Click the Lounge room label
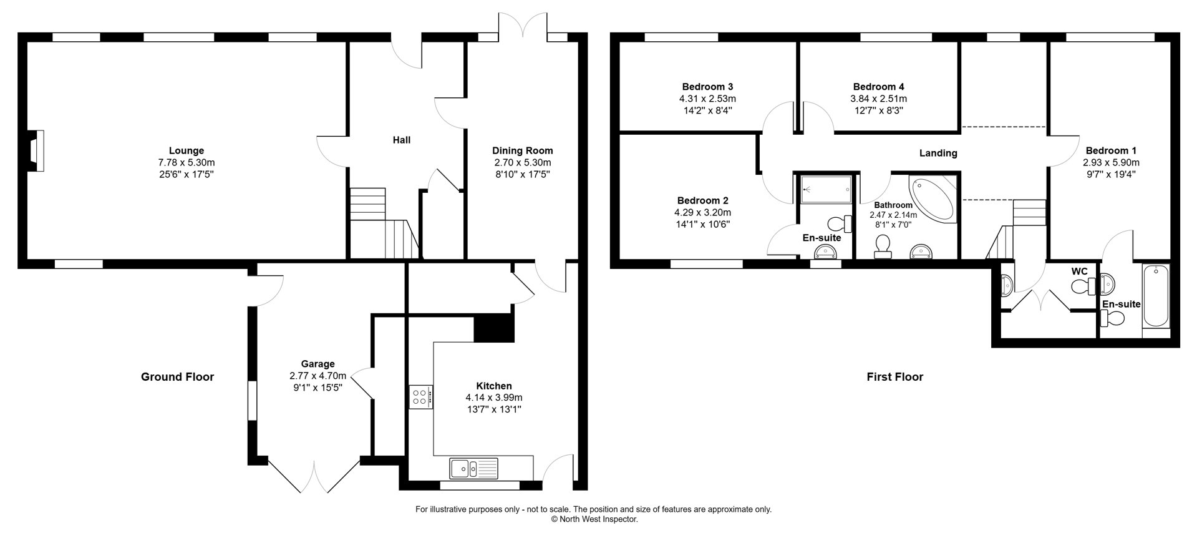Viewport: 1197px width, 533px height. [x=187, y=150]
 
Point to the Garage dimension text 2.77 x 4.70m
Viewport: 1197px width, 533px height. [x=317, y=376]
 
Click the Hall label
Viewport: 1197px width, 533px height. [x=402, y=140]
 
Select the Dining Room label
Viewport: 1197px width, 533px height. [x=522, y=150]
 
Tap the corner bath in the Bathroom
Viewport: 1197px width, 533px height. [x=933, y=198]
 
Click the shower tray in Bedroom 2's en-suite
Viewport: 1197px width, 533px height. [x=826, y=189]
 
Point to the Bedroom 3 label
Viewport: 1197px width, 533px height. [x=707, y=87]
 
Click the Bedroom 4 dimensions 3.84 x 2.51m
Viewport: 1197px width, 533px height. [x=878, y=99]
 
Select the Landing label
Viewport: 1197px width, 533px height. [x=938, y=153]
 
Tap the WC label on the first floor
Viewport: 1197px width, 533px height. [x=1079, y=271]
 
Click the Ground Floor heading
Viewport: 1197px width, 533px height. [x=177, y=376]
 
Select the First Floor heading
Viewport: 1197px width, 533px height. [x=894, y=376]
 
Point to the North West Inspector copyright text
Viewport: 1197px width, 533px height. [x=594, y=519]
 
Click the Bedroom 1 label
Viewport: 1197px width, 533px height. [x=1111, y=150]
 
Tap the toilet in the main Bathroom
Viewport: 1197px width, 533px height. [x=883, y=246]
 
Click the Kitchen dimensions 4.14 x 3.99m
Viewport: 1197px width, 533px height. [x=493, y=398]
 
